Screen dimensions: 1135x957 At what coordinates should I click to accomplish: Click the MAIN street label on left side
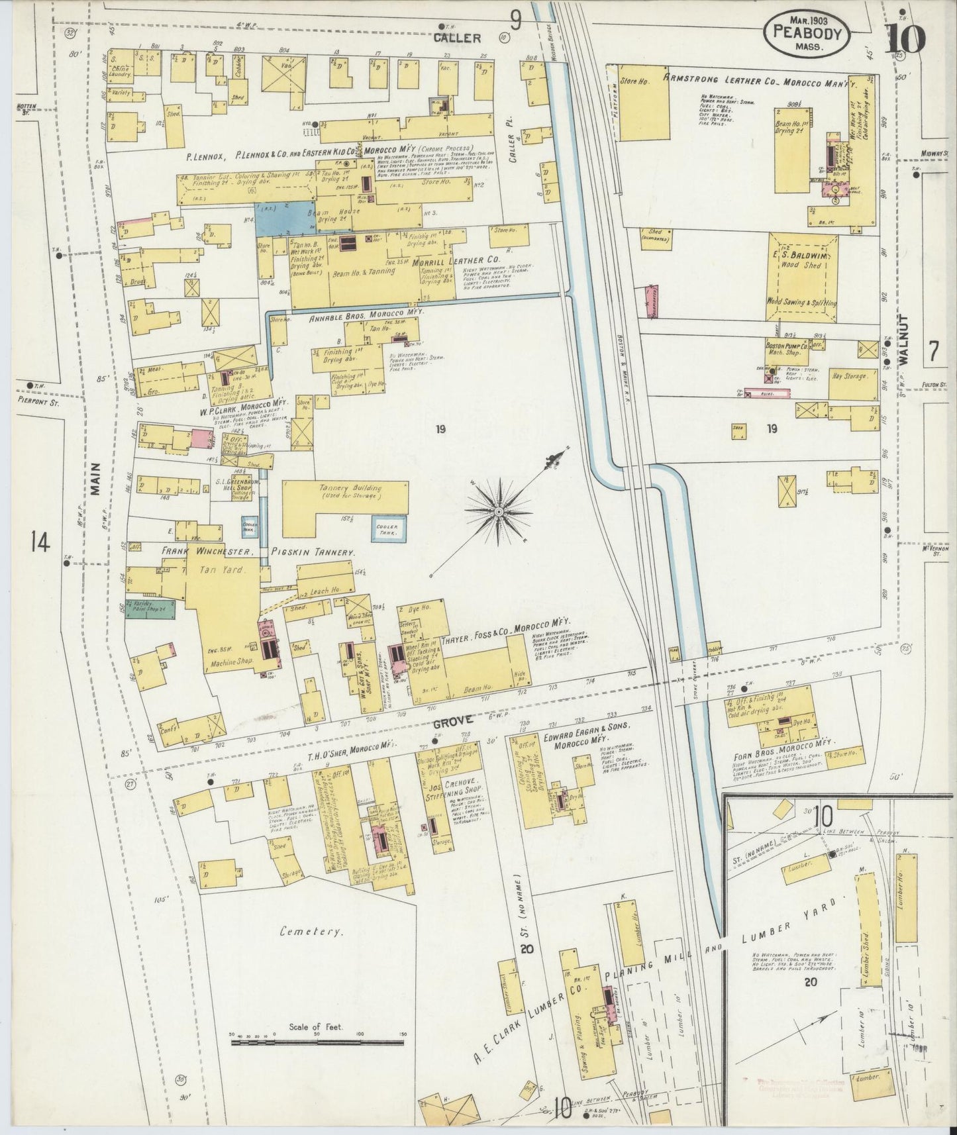[x=96, y=478]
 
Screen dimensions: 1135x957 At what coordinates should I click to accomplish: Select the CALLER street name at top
[x=457, y=38]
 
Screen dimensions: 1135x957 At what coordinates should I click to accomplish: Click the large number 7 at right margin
[x=933, y=352]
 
